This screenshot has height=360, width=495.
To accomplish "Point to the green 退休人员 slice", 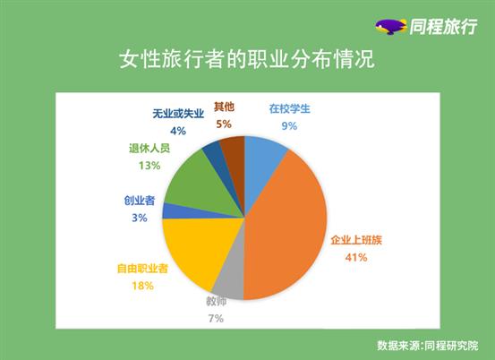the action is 202,186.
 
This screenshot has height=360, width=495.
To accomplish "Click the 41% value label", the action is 356,258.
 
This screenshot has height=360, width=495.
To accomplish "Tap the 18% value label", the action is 142,286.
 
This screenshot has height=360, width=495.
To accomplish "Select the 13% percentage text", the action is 149,166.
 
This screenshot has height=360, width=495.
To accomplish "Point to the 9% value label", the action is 289,126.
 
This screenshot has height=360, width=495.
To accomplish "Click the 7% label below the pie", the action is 216,319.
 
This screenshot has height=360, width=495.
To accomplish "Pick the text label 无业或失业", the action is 178,114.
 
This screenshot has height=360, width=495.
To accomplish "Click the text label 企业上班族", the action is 356,240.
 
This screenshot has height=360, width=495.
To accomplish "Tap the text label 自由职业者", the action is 142,269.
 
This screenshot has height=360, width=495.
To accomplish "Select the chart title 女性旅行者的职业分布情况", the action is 247,59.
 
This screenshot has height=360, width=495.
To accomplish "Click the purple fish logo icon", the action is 390,27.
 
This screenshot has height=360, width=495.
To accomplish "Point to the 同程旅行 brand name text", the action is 444,27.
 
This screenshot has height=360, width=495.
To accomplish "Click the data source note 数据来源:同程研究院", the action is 428,346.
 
